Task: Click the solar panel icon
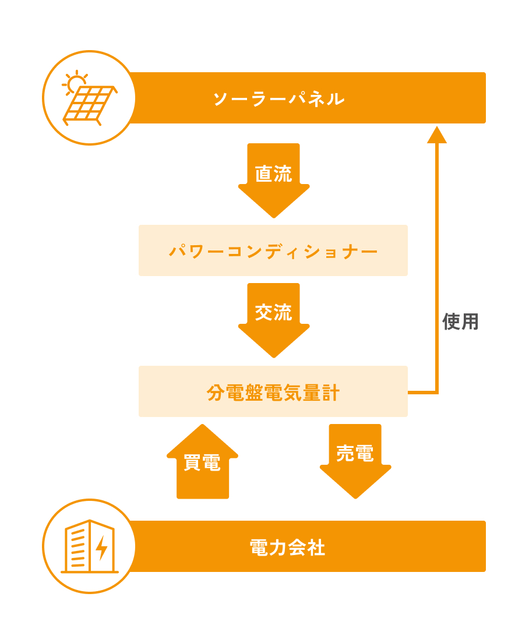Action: pyautogui.click(x=89, y=98)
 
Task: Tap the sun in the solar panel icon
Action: pyautogui.click(x=75, y=83)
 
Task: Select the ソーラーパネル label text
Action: pyautogui.click(x=278, y=98)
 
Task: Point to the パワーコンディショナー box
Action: pyautogui.click(x=273, y=251)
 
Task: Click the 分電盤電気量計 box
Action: pyautogui.click(x=273, y=392)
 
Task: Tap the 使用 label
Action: pyautogui.click(x=460, y=321)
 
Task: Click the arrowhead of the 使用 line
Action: pyautogui.click(x=437, y=136)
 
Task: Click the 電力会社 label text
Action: pyautogui.click(x=287, y=547)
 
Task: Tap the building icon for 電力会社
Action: pyautogui.click(x=89, y=546)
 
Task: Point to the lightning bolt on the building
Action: pyautogui.click(x=102, y=547)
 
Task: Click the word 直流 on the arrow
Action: pyautogui.click(x=273, y=173)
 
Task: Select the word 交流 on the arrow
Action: pyautogui.click(x=273, y=313)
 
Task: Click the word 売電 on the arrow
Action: pyautogui.click(x=355, y=454)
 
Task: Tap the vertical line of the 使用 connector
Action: pyautogui.click(x=437, y=262)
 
